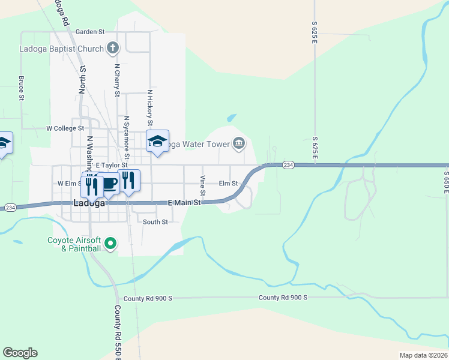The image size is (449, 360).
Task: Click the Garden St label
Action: (x=90, y=31)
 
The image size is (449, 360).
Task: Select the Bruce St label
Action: (x=21, y=88)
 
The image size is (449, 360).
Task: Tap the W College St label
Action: (x=65, y=128)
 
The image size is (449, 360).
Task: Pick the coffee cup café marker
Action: (x=109, y=183)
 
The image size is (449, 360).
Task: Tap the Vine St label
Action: (x=203, y=186)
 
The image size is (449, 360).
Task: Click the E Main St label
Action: (x=183, y=203)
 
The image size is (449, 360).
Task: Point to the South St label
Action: (x=155, y=221)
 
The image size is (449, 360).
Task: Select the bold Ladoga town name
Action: (x=89, y=203)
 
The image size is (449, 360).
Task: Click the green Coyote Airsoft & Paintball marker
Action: (x=110, y=244)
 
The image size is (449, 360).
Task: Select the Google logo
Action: (x=20, y=353)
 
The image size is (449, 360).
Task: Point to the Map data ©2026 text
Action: (x=423, y=355)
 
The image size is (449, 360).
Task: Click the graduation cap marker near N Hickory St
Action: (x=157, y=141)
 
